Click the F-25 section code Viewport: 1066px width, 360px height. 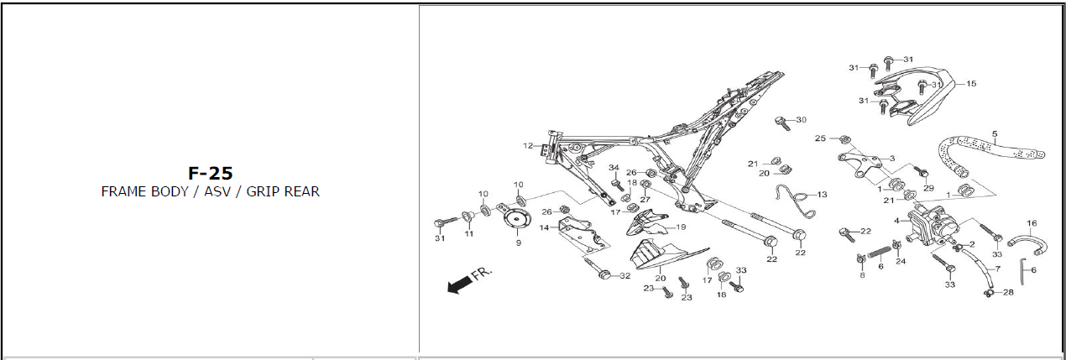[x=210, y=173]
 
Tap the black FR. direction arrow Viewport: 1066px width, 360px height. [x=459, y=285]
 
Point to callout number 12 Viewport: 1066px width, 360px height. [x=527, y=146]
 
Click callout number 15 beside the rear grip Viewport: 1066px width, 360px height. [x=971, y=84]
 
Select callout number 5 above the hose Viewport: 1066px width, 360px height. [x=995, y=133]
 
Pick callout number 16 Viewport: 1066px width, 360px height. [x=1032, y=223]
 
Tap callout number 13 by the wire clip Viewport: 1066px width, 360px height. [x=822, y=195]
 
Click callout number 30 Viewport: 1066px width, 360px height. [x=801, y=120]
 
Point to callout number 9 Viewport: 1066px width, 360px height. [x=518, y=243]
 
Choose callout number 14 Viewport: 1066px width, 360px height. [x=544, y=227]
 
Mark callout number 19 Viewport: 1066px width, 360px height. [x=681, y=227]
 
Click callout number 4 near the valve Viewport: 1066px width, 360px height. [x=896, y=222]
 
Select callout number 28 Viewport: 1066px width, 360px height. [x=1008, y=292]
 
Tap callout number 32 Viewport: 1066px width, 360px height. [x=624, y=276]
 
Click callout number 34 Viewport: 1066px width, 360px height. [x=614, y=168]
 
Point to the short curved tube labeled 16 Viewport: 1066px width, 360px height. [x=1026, y=243]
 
